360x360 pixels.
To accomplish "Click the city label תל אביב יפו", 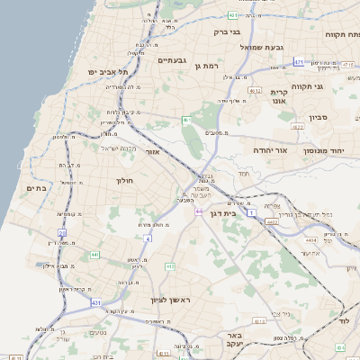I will click(107, 71).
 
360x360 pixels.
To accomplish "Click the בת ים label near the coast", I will click(36, 187).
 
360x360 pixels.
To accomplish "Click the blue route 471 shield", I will click(299, 62).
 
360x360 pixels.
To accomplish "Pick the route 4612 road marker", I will click(255, 90).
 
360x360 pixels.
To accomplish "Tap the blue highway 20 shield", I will click(62, 233).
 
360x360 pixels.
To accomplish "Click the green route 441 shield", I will click(94, 256).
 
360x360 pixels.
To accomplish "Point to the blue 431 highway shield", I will click(96, 303).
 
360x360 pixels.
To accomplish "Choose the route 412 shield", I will click(171, 267).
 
